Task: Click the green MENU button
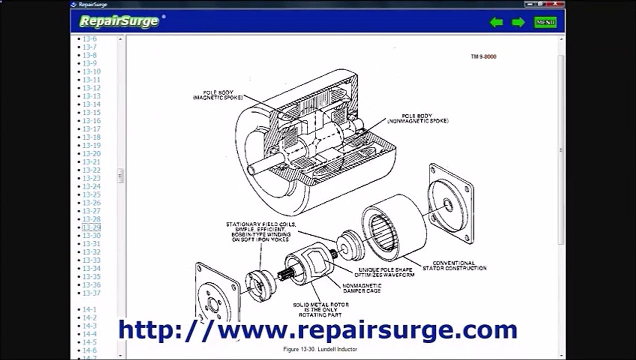point(545,22)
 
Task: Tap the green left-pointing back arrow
point(496,22)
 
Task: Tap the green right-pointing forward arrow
point(518,22)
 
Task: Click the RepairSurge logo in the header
point(119,21)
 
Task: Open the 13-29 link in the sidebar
point(91,227)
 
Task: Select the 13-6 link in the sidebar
point(90,39)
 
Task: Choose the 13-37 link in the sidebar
point(91,293)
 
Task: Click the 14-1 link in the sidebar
point(89,309)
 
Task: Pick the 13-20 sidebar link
point(91,153)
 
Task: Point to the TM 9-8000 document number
point(483,56)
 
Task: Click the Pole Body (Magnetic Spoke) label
point(217,95)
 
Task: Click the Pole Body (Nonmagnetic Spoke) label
point(417,118)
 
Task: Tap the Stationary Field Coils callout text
point(260,232)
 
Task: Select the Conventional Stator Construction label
point(454,265)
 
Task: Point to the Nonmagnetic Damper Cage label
point(361,288)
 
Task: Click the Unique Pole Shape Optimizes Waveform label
point(384,272)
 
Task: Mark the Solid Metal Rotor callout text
point(320,309)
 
